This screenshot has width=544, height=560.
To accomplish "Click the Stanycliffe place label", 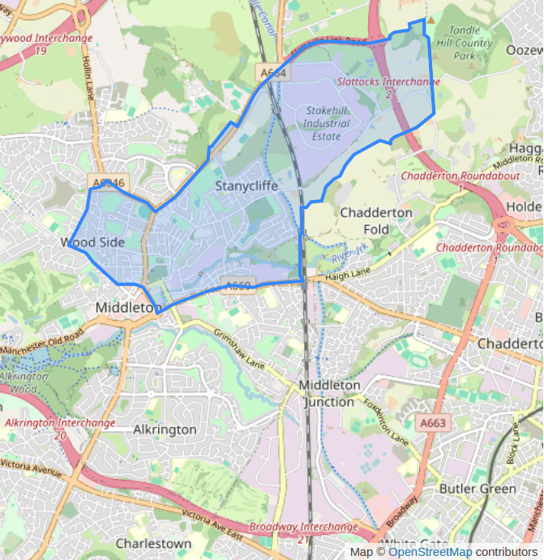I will click(246, 186).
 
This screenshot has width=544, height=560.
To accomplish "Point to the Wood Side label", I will click(92, 242).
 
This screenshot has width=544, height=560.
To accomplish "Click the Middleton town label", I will click(126, 308).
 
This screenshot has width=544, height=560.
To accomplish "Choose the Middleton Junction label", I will click(328, 393).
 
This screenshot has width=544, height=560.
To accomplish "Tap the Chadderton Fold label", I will click(376, 220).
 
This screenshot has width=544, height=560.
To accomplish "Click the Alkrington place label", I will click(165, 430).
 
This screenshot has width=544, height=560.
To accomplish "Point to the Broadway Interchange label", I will click(303, 528).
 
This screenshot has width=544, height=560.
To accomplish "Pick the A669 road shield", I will click(237, 284).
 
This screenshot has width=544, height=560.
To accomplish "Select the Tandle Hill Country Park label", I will click(464, 44).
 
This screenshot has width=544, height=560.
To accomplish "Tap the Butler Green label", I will click(477, 489).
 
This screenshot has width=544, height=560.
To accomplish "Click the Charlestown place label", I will click(153, 543).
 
